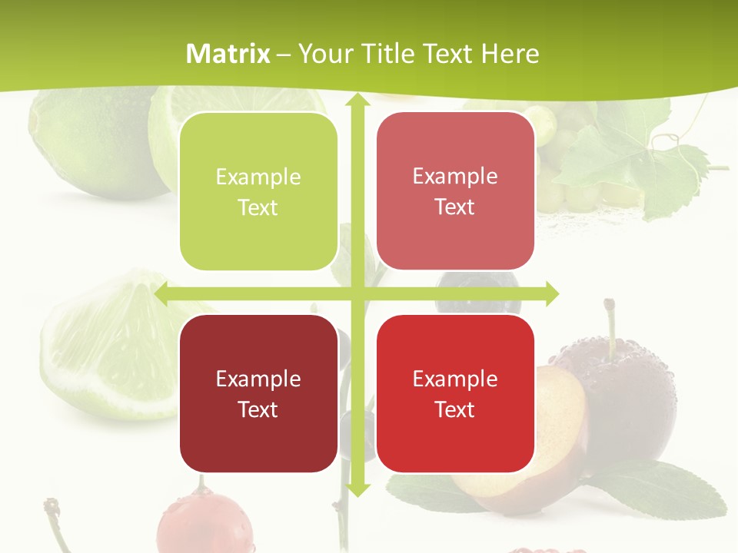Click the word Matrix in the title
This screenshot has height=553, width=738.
228,54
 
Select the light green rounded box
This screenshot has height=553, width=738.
258,192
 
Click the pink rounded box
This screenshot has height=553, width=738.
455,191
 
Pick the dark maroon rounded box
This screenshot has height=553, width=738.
258,393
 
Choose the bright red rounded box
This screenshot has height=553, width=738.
455,393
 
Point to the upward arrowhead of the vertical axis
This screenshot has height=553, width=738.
357,101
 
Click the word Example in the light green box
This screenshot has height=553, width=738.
258,177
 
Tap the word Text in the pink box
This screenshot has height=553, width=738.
455,207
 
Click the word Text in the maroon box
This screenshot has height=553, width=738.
258,409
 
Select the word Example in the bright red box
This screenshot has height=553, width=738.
455,379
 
